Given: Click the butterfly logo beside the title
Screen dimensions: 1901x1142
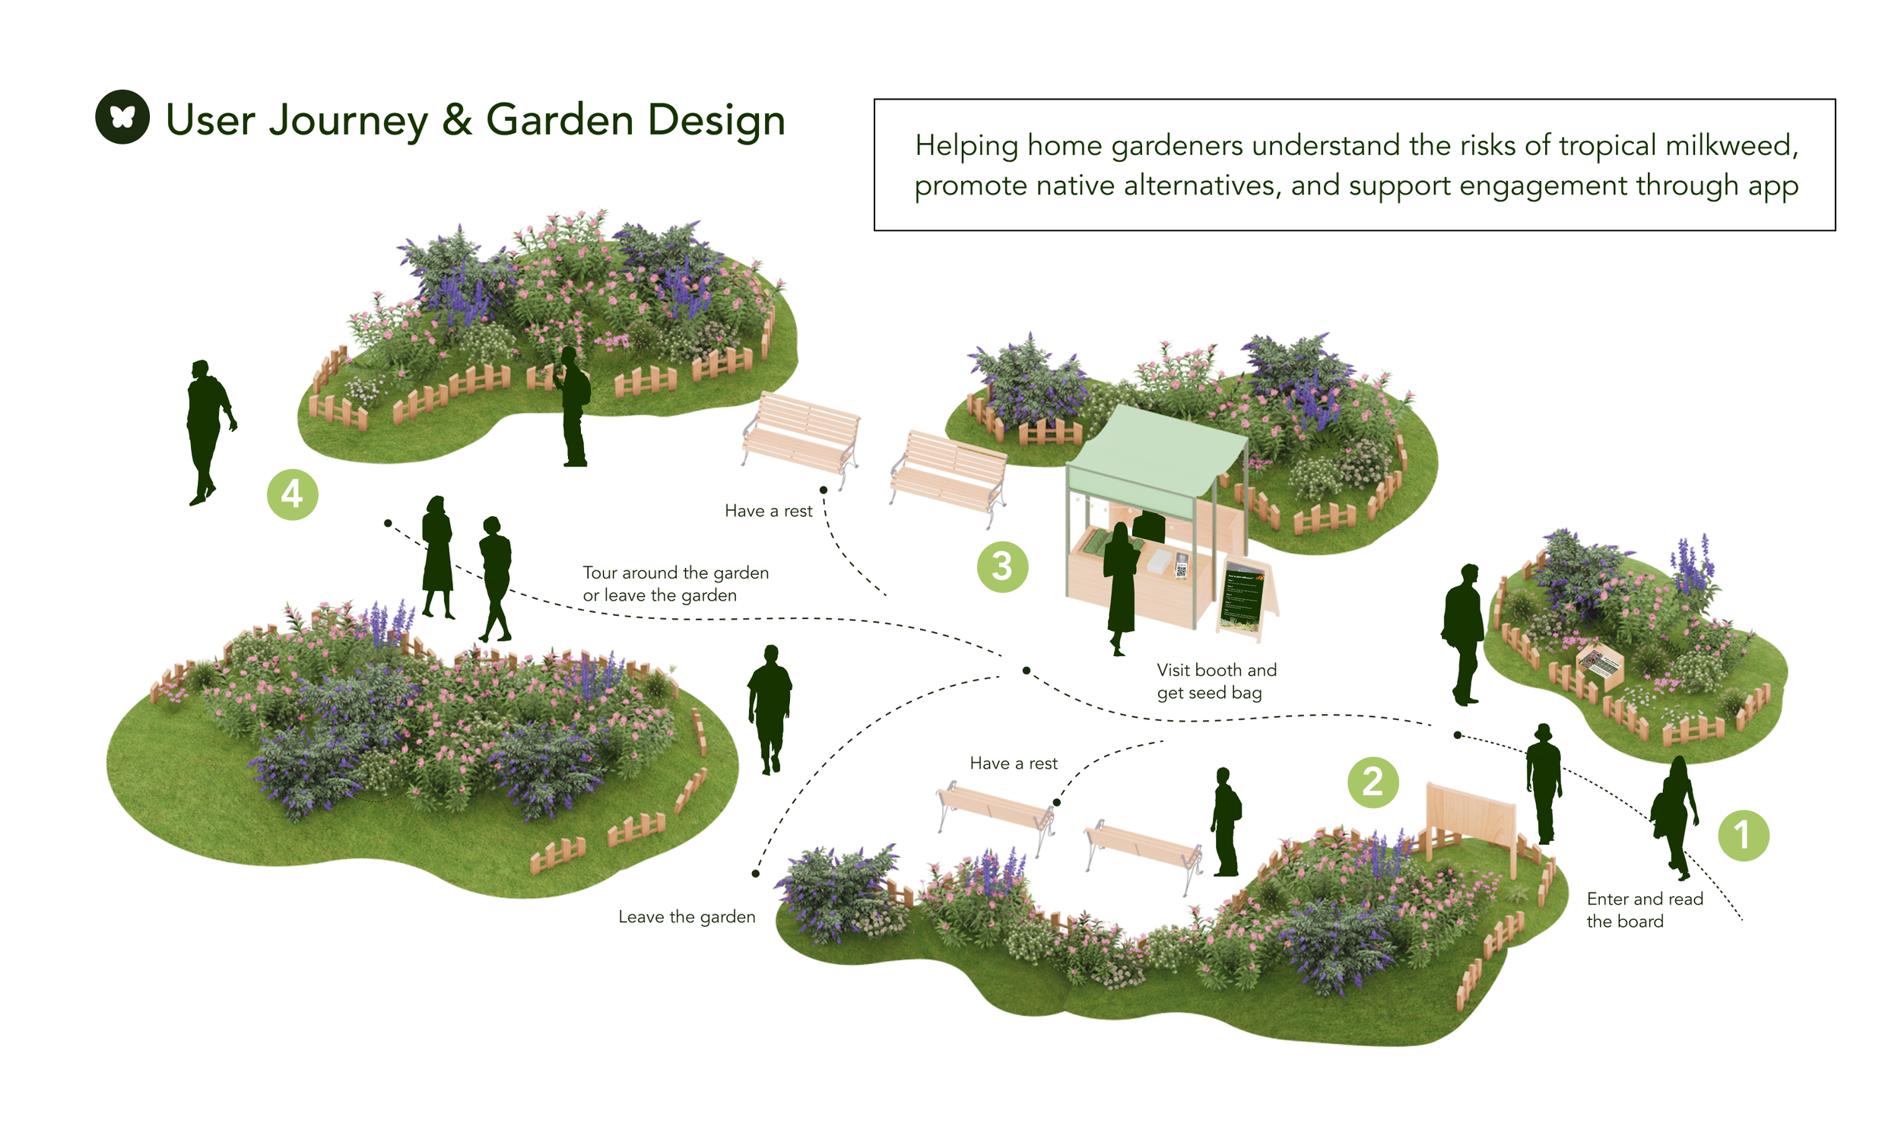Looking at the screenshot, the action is pyautogui.click(x=122, y=117).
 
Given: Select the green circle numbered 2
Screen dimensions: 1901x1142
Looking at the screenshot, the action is pyautogui.click(x=1373, y=782).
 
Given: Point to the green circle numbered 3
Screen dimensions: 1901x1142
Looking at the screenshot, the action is pyautogui.click(x=1001, y=566).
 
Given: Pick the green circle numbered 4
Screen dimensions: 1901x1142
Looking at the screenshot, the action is pyautogui.click(x=292, y=494).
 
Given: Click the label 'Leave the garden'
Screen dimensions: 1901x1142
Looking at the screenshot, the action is pyautogui.click(x=687, y=916).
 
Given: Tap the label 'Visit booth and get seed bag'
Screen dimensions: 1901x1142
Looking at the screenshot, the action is pyautogui.click(x=1215, y=681).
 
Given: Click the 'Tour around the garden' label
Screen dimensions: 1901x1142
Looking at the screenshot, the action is pyautogui.click(x=675, y=573).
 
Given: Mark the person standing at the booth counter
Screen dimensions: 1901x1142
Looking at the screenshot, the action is pyautogui.click(x=1121, y=585).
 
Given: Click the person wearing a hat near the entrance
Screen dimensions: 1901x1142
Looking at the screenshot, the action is pyautogui.click(x=1542, y=781).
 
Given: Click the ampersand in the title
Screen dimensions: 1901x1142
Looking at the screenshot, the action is pyautogui.click(x=457, y=121).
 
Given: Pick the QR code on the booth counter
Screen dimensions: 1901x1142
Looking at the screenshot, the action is pyautogui.click(x=1181, y=570).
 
